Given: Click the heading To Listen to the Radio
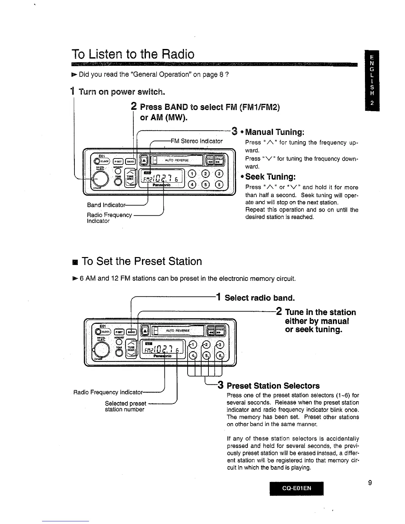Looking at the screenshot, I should coord(133,54).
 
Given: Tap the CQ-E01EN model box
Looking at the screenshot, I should coord(296,488).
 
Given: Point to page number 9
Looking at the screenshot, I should coord(370,483).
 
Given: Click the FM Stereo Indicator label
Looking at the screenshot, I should coord(197,141).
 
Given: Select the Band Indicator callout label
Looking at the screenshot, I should coord(106,205).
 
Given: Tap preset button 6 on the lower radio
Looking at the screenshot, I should coord(220,356).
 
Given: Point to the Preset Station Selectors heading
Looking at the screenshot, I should coord(273,386).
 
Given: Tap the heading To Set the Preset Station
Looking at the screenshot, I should coord(141,261).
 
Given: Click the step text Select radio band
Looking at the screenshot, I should coord(259,298).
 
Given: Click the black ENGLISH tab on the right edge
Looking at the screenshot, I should coord(372,81).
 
